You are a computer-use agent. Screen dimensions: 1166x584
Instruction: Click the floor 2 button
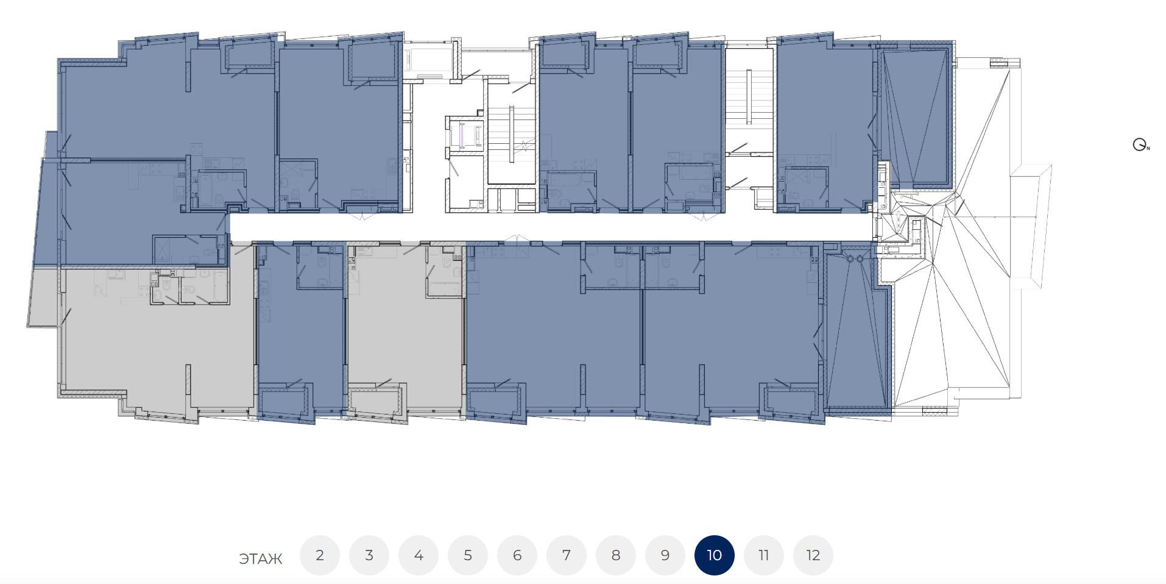coord(320,555)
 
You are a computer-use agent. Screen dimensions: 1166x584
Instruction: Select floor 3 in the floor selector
coord(369,555)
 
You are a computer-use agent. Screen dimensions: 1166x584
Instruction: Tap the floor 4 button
coord(419,555)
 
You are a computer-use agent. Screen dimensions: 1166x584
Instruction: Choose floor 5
coord(468,555)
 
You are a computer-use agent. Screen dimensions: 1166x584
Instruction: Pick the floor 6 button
coord(517,555)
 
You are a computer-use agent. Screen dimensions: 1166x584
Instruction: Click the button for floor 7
coord(567,555)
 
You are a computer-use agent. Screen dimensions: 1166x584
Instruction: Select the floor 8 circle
coord(616,555)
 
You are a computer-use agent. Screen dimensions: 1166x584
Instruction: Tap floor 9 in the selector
coord(665,555)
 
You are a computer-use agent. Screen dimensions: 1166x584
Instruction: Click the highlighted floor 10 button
coord(715,555)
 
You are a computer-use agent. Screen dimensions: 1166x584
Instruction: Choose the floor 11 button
coord(764,555)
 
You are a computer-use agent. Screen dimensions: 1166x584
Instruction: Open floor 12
coord(813,555)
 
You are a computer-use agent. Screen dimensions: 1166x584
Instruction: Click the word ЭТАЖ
coord(261,559)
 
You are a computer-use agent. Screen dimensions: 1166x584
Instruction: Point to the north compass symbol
coord(1140,145)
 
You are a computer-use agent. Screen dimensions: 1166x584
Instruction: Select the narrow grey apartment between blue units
coord(405,329)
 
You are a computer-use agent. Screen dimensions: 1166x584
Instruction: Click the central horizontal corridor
coord(548,227)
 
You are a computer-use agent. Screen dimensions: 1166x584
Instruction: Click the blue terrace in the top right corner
coord(914,116)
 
